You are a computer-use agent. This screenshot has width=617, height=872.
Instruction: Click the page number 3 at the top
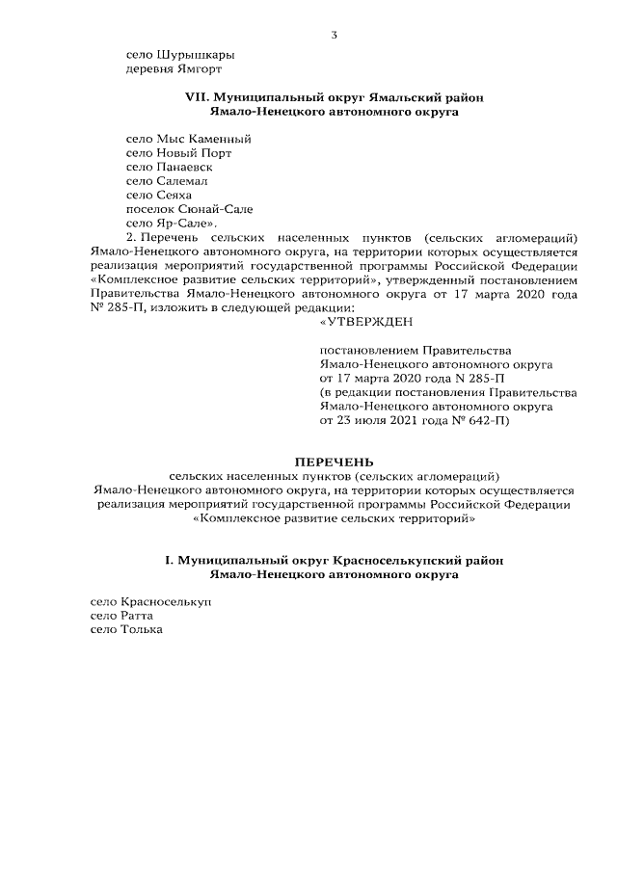(x=334, y=36)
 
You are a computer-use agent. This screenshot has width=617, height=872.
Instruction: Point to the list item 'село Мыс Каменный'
(x=189, y=139)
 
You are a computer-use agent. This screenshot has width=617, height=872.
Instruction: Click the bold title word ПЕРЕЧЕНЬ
(x=334, y=462)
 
